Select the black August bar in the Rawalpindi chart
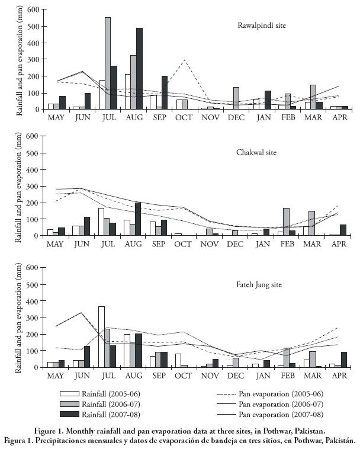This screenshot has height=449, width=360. point(140,69)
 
